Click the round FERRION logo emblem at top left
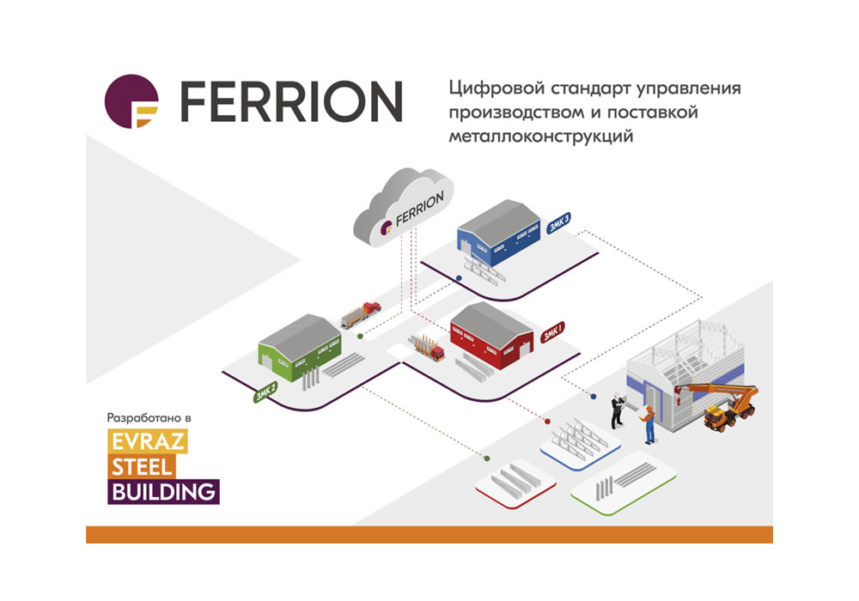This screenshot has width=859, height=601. point(131,101)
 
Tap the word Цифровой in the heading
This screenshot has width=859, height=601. point(487,88)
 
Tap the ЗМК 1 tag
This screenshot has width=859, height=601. point(553,331)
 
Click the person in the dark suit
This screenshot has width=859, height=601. point(617,410)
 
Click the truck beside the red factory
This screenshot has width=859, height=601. point(429,348)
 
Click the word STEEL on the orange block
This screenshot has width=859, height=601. point(142,467)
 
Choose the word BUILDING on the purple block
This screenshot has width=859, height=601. point(162,492)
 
